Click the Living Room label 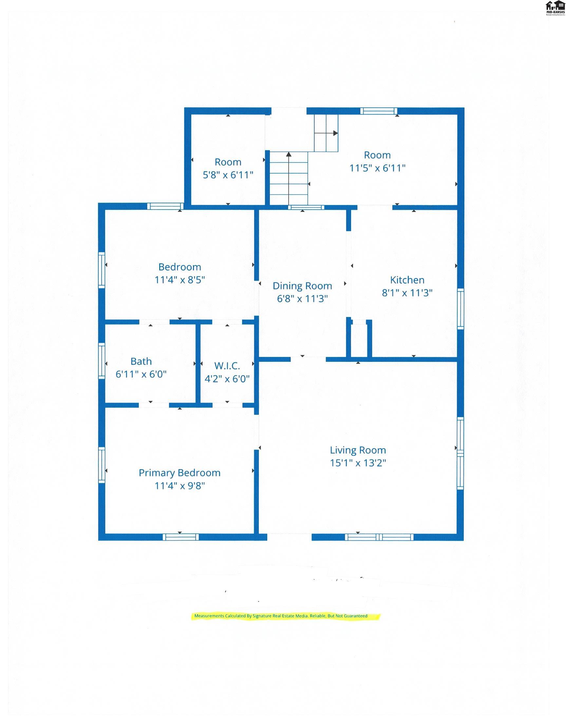pyautogui.click(x=358, y=450)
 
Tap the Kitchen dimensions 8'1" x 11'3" pyautogui.click(x=407, y=293)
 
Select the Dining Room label pyautogui.click(x=302, y=286)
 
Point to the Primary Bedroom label pyautogui.click(x=179, y=473)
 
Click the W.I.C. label pyautogui.click(x=227, y=366)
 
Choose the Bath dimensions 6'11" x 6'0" pyautogui.click(x=141, y=374)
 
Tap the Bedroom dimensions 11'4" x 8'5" pyautogui.click(x=179, y=280)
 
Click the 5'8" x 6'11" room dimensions pyautogui.click(x=228, y=175)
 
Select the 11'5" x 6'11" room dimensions pyautogui.click(x=377, y=168)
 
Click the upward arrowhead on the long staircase pyautogui.click(x=289, y=154)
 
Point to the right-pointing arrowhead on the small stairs pyautogui.click(x=335, y=133)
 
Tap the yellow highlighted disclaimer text pyautogui.click(x=281, y=616)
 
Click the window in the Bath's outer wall pyautogui.click(x=102, y=361)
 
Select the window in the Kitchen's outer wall pyautogui.click(x=460, y=309)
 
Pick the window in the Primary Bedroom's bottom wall pyautogui.click(x=180, y=537)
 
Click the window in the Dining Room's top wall pyautogui.click(x=306, y=208)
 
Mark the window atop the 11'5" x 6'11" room pyautogui.click(x=378, y=111)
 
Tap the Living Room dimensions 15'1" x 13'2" pyautogui.click(x=358, y=463)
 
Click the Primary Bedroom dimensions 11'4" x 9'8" pyautogui.click(x=179, y=486)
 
